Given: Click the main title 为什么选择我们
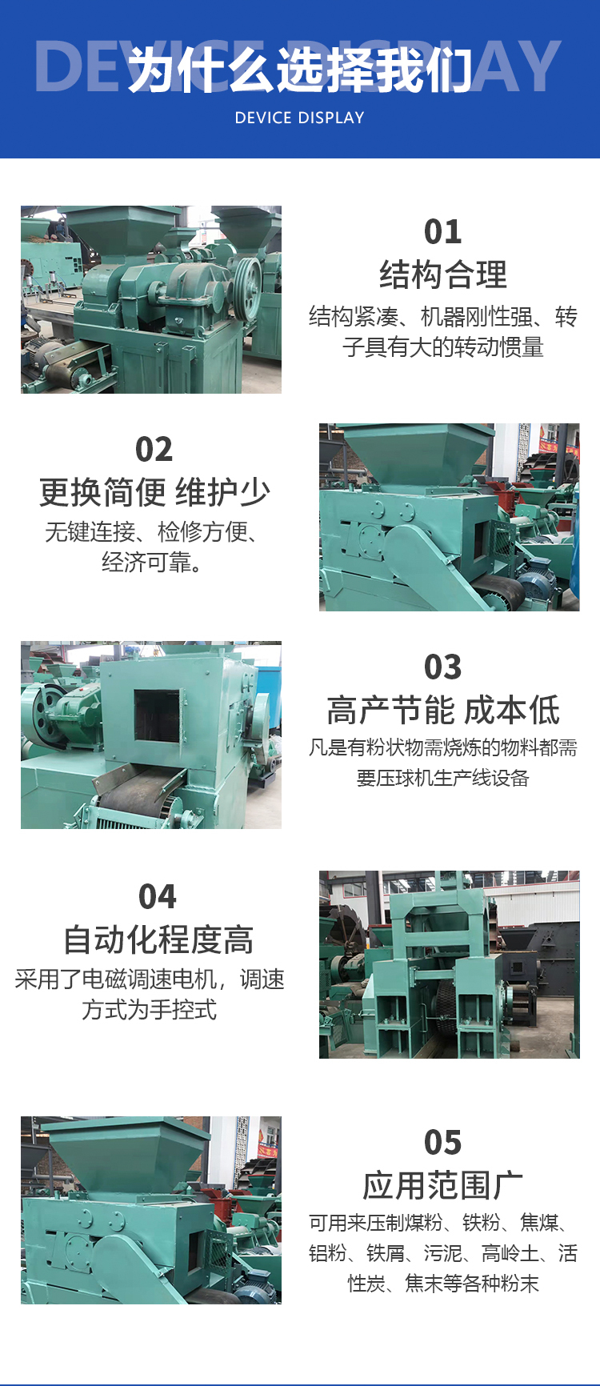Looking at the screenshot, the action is [x=300, y=70].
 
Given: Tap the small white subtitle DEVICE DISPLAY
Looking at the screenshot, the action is [x=300, y=118].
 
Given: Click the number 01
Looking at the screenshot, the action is [x=443, y=232].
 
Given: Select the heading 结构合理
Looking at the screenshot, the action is [x=443, y=274].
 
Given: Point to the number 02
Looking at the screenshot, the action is [x=154, y=450].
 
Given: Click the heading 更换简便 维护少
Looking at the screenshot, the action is [x=154, y=492].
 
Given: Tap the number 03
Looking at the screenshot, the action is [x=443, y=667].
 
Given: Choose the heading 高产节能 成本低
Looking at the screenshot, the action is [x=443, y=710].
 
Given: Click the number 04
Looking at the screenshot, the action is [x=158, y=897].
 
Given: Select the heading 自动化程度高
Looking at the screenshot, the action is [x=158, y=939].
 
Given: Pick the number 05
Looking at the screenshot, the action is [x=443, y=1143].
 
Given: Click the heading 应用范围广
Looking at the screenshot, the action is [x=443, y=1185].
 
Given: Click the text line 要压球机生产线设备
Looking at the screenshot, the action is [x=443, y=778].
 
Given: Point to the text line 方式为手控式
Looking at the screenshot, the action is [x=150, y=1010].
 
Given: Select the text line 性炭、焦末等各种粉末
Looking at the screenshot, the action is [x=443, y=1284].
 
